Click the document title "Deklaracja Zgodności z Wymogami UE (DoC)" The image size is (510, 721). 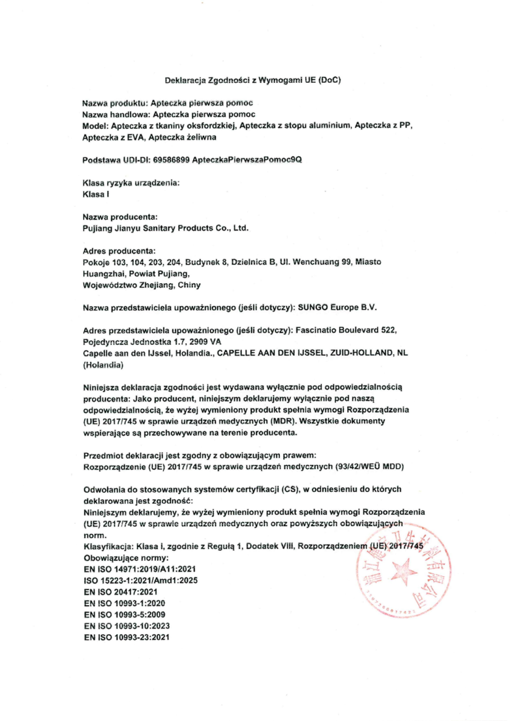253,80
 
